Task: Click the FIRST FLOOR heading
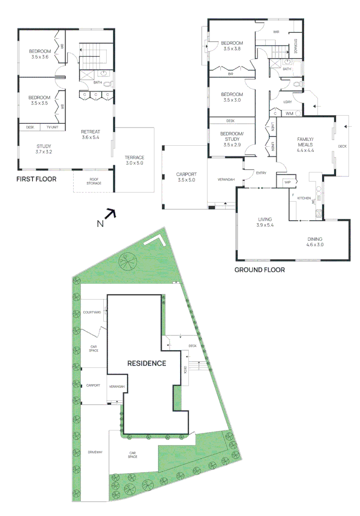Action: pos(36,179)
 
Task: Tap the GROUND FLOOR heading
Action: pos(259,270)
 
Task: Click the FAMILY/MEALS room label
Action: pos(305,141)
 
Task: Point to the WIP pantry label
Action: pos(287,183)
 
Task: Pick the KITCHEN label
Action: pos(305,198)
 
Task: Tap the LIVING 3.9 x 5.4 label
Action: pos(264,222)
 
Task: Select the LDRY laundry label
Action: pos(288,102)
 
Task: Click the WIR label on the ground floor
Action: pos(276,32)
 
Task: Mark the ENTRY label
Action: pos(261,173)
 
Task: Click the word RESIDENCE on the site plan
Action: pos(146,363)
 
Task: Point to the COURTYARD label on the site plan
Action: pos(91,312)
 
